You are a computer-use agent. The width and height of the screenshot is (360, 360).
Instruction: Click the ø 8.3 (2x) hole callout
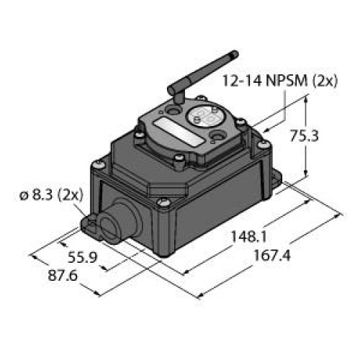coord(50,194)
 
